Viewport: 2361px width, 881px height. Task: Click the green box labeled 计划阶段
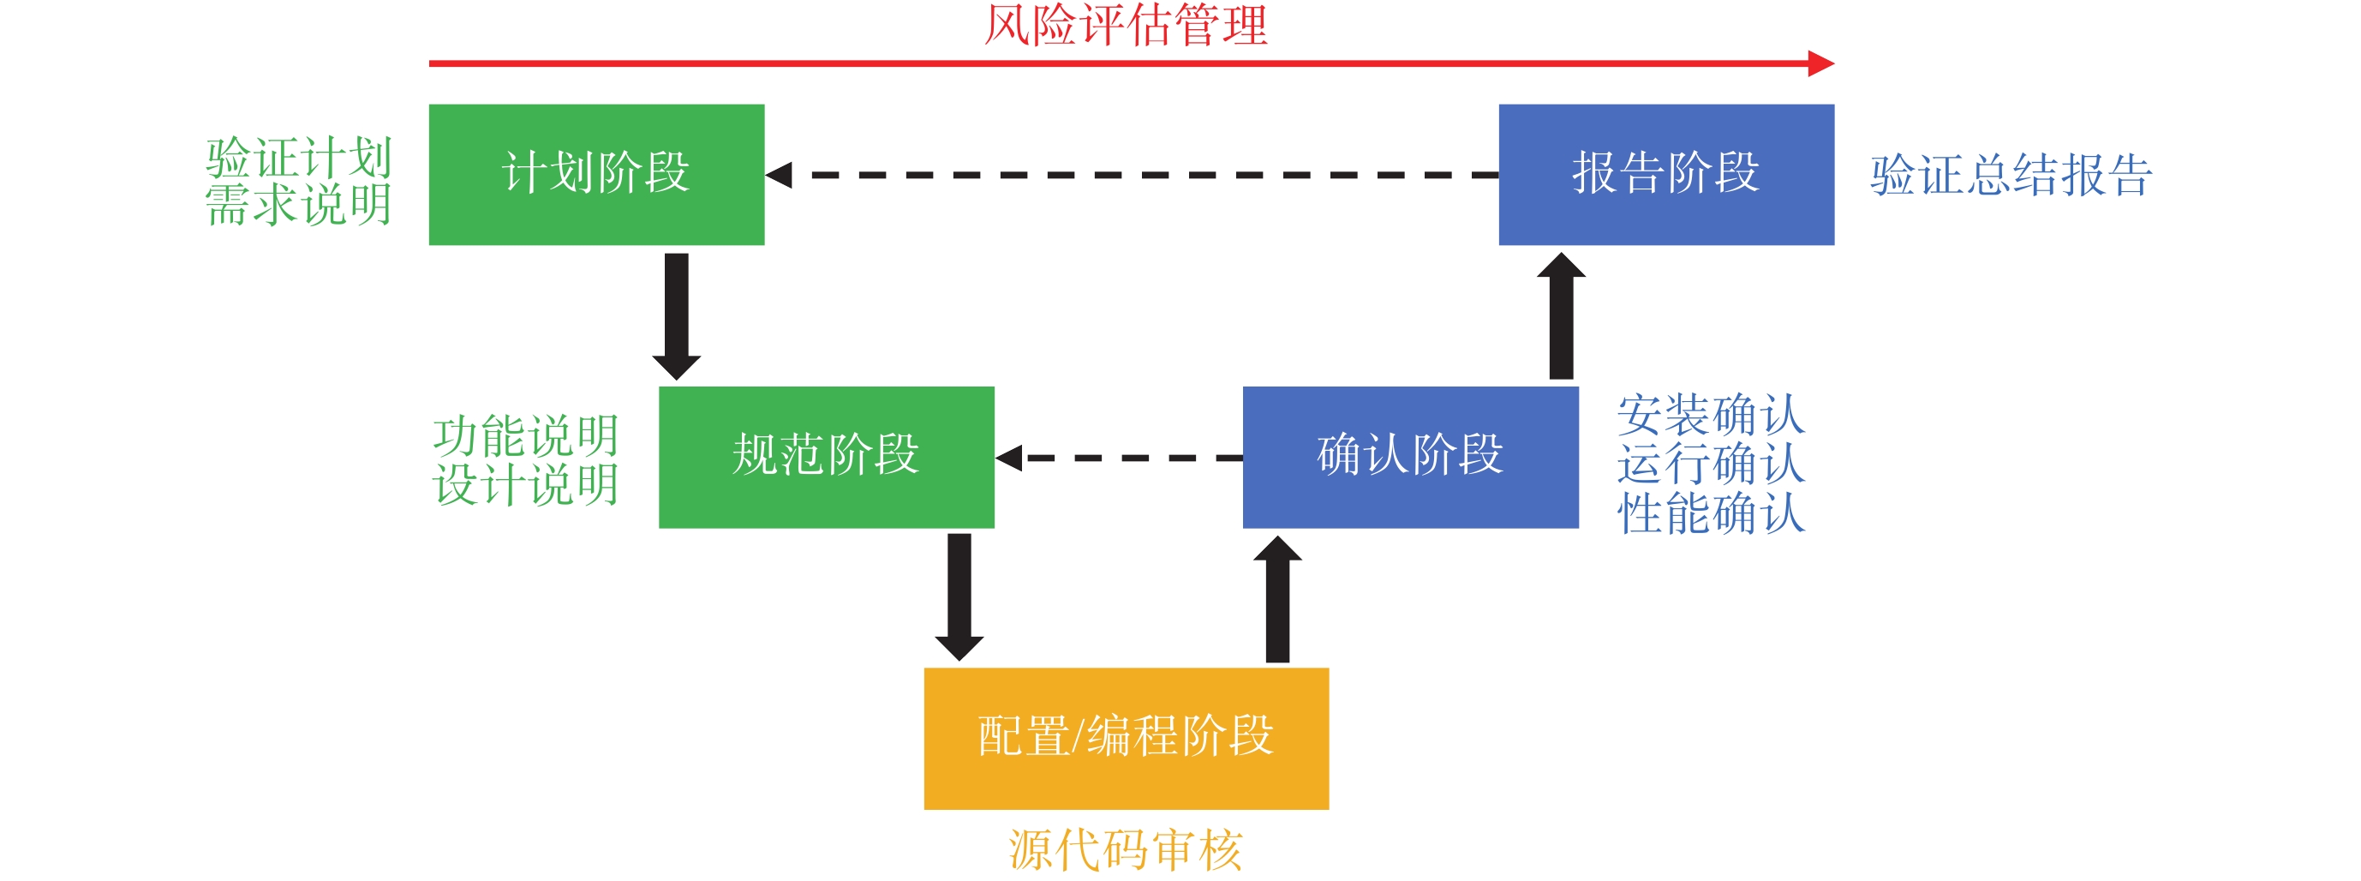(595, 174)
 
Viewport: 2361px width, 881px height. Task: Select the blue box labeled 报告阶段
(1665, 174)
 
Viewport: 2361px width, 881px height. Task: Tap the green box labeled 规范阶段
(826, 457)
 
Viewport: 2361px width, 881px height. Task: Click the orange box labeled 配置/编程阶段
(1126, 738)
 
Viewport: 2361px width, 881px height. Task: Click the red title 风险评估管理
(1126, 26)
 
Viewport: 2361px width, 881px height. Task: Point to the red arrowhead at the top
(1820, 63)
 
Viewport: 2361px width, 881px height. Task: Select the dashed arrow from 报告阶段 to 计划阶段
(1132, 174)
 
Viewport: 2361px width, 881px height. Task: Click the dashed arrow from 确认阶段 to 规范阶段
(1118, 457)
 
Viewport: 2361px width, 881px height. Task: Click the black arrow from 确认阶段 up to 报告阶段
(1561, 316)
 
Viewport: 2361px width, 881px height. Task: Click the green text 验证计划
(299, 158)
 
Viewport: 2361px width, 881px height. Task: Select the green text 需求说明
(299, 205)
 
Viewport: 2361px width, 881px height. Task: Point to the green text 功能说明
(526, 435)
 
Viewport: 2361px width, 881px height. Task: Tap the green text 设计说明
(526, 484)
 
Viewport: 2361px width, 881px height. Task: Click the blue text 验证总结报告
(2011, 175)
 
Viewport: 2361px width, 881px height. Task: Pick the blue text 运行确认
(1710, 463)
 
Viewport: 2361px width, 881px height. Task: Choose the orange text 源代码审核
(1126, 850)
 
